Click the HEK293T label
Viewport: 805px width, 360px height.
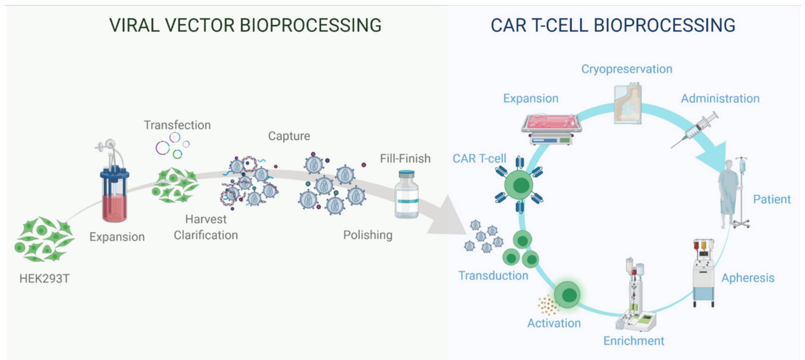44,278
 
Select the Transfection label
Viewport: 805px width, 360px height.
177,125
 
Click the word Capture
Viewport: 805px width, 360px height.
289,136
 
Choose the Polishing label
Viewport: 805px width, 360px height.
367,235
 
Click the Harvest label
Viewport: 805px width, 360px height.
206,219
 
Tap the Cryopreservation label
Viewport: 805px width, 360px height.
627,69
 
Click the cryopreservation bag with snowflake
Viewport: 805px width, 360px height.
628,104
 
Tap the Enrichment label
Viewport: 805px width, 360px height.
634,340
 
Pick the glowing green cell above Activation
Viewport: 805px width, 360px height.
568,295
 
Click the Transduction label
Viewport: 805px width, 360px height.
493,275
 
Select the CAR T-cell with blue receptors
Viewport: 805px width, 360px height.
519,185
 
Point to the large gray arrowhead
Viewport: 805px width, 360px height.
448,217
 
